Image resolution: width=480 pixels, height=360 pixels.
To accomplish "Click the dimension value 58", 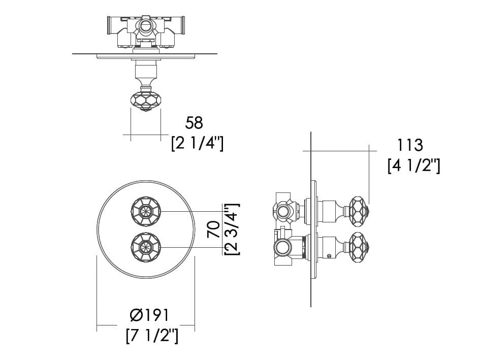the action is click(x=194, y=122).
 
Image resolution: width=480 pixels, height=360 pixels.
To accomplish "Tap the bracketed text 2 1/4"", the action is click(x=198, y=144).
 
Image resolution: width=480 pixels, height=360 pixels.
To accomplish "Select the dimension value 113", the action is click(x=410, y=145).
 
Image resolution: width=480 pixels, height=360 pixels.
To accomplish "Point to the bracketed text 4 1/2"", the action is click(x=414, y=166).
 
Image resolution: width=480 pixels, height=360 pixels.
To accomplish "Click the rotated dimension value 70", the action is click(x=214, y=230).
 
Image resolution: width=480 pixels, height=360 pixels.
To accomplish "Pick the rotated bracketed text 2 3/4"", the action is click(x=232, y=229).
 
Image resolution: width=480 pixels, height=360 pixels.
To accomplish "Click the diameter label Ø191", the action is click(x=149, y=315).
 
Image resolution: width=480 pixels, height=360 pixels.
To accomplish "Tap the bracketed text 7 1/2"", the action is click(x=152, y=336).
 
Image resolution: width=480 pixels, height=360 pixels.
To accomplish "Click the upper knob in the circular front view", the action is click(x=146, y=211).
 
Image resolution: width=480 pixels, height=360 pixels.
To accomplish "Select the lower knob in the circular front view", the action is click(x=146, y=247).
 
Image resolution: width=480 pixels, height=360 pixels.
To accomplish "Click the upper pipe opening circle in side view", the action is click(x=282, y=211).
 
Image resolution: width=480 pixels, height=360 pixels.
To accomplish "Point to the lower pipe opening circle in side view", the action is click(x=281, y=247).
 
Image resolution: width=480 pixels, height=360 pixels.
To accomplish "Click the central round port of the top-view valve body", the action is click(x=146, y=25).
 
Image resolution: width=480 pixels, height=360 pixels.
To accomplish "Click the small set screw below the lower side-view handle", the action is click(x=329, y=255).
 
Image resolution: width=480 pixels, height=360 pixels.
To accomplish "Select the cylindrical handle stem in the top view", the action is click(x=146, y=71).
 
